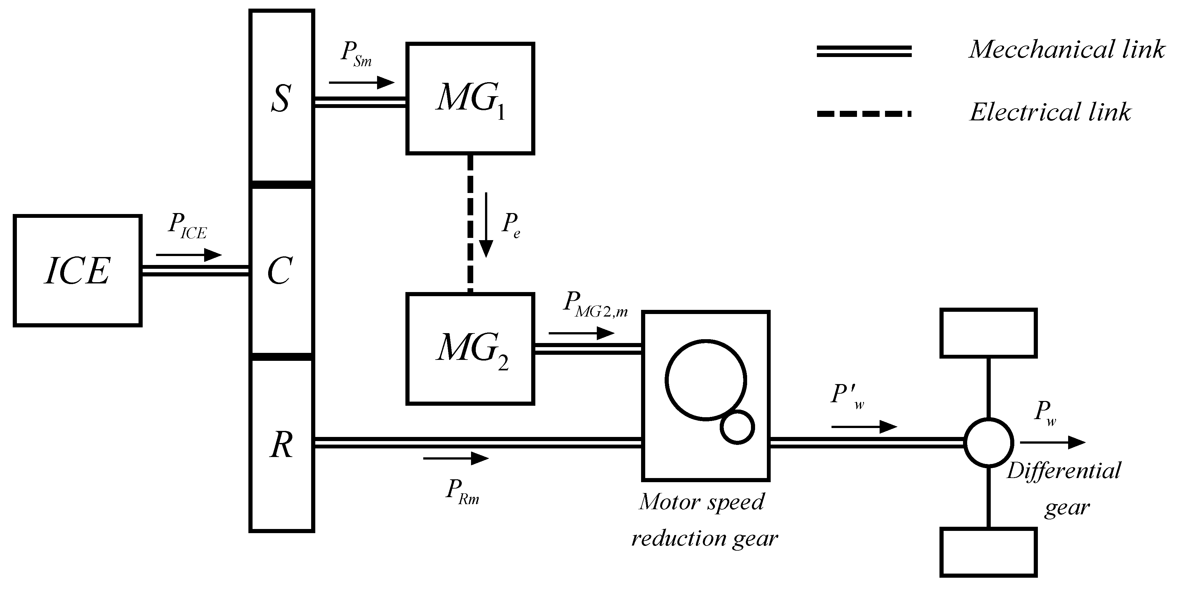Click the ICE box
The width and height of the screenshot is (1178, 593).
[77, 271]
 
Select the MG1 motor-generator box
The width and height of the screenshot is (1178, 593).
[470, 99]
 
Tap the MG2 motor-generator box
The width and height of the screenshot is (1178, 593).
[470, 349]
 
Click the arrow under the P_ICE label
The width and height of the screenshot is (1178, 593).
[189, 255]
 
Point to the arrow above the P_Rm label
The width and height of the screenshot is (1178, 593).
[456, 458]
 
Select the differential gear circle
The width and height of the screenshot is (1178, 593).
[989, 443]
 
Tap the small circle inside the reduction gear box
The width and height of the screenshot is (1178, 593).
[737, 427]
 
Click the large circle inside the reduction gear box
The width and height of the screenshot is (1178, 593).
[706, 380]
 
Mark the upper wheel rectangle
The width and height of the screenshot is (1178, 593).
[988, 333]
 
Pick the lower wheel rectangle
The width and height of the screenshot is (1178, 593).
[988, 552]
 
